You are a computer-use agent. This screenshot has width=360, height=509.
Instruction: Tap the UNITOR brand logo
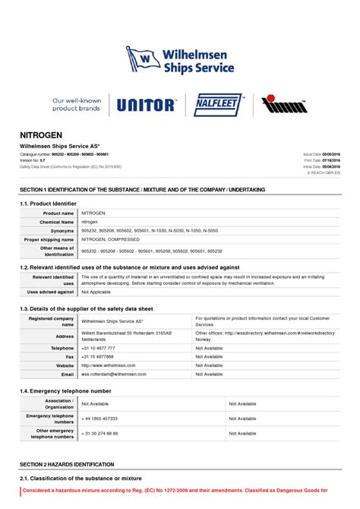tap(147, 105)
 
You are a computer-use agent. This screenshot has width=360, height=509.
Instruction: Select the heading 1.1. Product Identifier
tap(48, 204)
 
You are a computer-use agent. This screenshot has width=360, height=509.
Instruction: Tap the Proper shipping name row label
tap(49, 239)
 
